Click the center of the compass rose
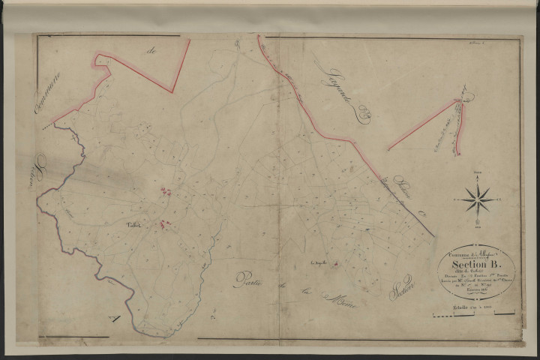click(x=478, y=198)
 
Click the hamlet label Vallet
click(x=133, y=223)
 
